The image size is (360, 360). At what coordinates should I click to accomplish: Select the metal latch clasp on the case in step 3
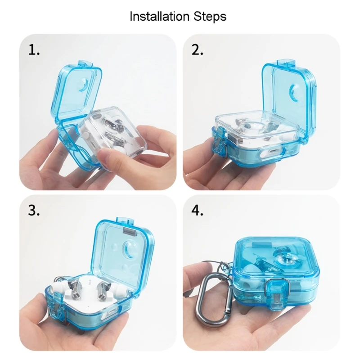point(58,306)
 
